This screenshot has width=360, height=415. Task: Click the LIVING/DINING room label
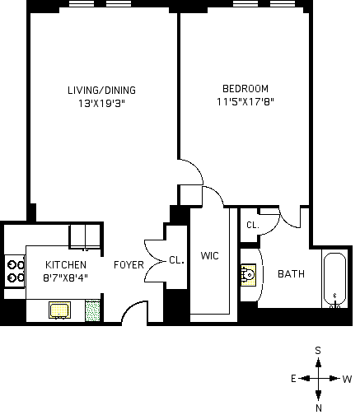tap(101, 91)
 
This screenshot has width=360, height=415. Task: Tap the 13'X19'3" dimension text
tap(101, 104)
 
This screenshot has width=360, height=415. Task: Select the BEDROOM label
tap(245, 89)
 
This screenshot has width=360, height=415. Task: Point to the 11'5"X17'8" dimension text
tap(245, 102)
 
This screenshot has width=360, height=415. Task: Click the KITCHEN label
tap(66, 265)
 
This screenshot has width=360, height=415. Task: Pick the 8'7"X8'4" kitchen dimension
tap(66, 278)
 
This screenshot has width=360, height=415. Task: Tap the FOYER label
tap(129, 265)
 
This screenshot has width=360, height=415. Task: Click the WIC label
tap(210, 256)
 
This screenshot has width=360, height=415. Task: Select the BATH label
tap(291, 274)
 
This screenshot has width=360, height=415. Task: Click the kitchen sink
tap(59, 310)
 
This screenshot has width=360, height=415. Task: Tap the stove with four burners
tap(15, 271)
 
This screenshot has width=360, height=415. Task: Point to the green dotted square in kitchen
tap(92, 310)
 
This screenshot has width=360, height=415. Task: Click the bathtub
tap(334, 279)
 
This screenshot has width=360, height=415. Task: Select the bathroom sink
tap(249, 275)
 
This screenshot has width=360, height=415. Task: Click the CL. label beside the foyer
tap(176, 260)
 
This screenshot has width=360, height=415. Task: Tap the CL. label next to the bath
tap(253, 225)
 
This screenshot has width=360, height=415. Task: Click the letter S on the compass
tap(318, 351)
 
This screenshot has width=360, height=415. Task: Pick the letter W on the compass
tap(347, 380)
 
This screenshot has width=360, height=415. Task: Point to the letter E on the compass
tap(293, 379)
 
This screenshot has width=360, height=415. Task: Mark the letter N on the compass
tap(319, 408)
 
